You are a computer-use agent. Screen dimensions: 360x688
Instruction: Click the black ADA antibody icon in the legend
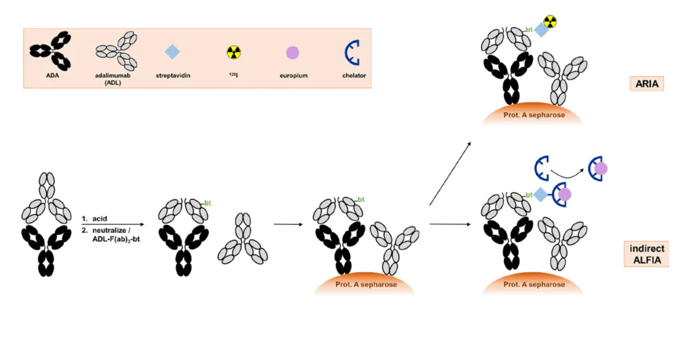(x=50, y=52)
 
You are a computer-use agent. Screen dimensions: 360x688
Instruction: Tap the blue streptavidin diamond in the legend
(x=173, y=52)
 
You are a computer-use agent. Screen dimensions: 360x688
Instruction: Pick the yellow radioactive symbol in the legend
(x=233, y=52)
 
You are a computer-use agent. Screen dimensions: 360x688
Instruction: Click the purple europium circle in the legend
(x=292, y=52)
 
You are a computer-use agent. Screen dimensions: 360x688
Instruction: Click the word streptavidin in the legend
(x=173, y=76)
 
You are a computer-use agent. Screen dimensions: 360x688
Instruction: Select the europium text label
(x=292, y=76)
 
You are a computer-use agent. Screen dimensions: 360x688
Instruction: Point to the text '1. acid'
(x=95, y=218)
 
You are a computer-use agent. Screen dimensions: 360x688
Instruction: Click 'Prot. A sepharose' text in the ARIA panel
(x=534, y=115)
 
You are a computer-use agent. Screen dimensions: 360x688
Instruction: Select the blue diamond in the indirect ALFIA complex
(x=541, y=195)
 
